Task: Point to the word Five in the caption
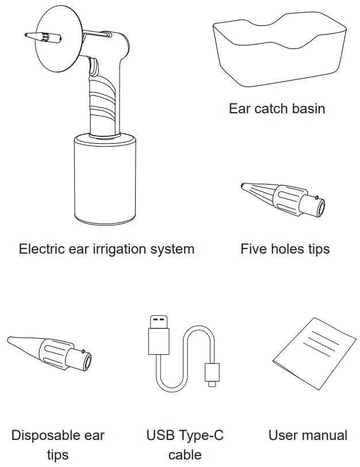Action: pyautogui.click(x=253, y=249)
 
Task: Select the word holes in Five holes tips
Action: pyautogui.click(x=286, y=249)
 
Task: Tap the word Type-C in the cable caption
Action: pyautogui.click(x=201, y=435)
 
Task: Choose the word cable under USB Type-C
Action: pyautogui.click(x=185, y=455)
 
